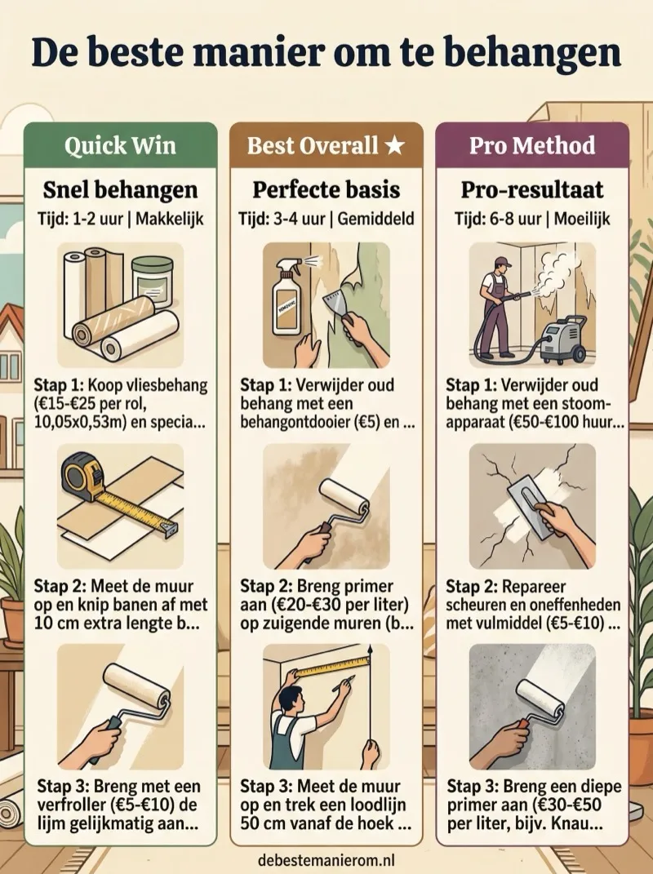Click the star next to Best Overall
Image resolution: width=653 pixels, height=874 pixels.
395,145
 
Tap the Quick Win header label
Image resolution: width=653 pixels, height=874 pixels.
121,145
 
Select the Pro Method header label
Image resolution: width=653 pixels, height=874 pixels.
532,145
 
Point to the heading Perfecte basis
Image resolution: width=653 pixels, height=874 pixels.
326,189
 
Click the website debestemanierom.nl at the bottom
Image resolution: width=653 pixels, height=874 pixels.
326,860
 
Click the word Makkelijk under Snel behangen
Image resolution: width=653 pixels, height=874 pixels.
170,219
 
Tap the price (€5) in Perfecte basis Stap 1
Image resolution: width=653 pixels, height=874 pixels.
369,422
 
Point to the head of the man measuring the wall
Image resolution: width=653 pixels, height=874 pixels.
289,699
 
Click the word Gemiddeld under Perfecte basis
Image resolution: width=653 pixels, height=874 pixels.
375,219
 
